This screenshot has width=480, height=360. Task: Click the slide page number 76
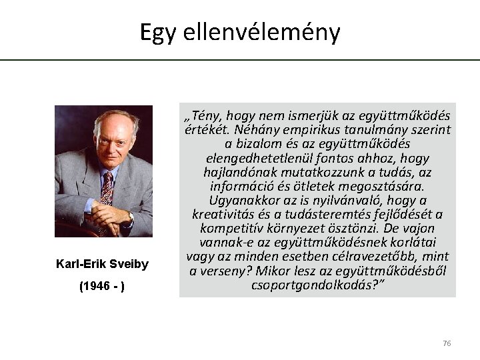point(447,343)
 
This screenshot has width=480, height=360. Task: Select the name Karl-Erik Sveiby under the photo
point(103,265)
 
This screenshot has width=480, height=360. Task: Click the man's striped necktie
point(106,187)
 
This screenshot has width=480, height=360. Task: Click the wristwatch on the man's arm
point(131,217)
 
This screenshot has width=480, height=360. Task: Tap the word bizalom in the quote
point(257,144)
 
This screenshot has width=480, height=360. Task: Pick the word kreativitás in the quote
point(227,214)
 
